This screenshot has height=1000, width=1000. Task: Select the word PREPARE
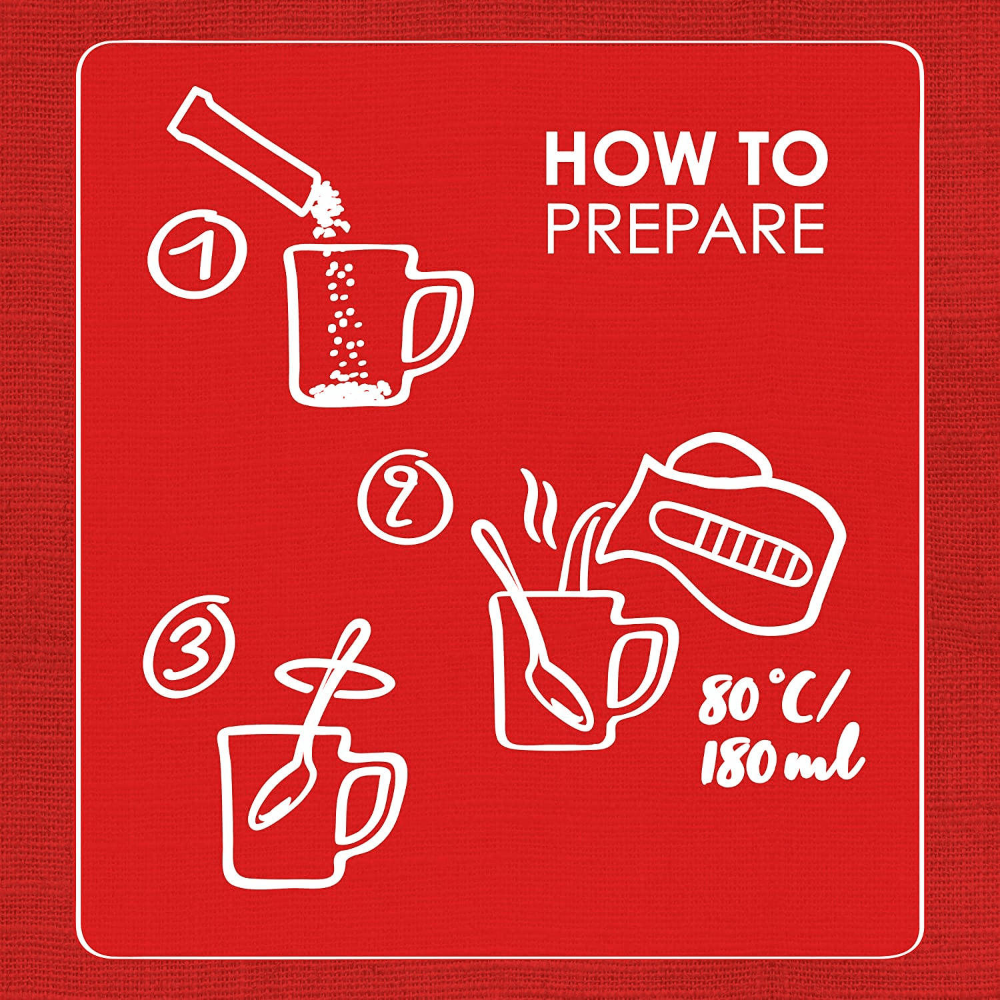[x=685, y=229]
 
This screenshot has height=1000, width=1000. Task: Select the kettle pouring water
[x=723, y=533]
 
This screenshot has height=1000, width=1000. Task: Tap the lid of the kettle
[x=720, y=457]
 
